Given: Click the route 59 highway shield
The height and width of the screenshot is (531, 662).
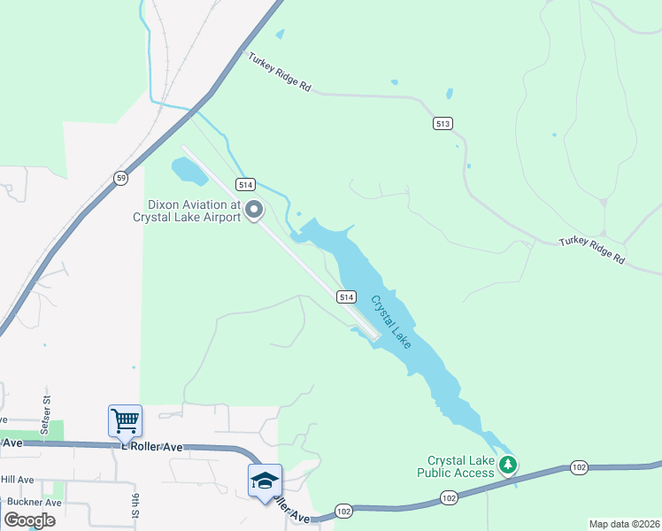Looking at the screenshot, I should click(x=121, y=178).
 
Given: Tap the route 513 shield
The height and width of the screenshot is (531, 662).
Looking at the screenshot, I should click(x=443, y=123).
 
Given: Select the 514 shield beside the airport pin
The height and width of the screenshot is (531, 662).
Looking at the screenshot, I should click(x=246, y=184).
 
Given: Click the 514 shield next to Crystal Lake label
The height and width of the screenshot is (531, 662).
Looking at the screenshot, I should click(x=347, y=297).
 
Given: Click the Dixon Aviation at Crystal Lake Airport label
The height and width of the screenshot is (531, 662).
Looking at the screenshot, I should click(x=187, y=210).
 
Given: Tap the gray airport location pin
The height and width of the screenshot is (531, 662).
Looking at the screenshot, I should click(x=255, y=210).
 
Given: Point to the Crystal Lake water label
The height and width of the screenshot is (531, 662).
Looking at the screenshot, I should click(x=390, y=320).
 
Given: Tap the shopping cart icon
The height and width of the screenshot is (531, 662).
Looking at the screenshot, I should click(x=125, y=420).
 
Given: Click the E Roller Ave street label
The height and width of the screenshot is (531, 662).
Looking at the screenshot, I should click(x=151, y=447).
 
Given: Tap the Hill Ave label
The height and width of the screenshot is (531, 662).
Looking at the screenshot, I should click(x=17, y=480).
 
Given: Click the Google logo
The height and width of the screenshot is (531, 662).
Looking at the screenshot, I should click(x=29, y=519).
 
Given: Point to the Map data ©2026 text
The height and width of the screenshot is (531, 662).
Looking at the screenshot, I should click(x=624, y=523).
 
